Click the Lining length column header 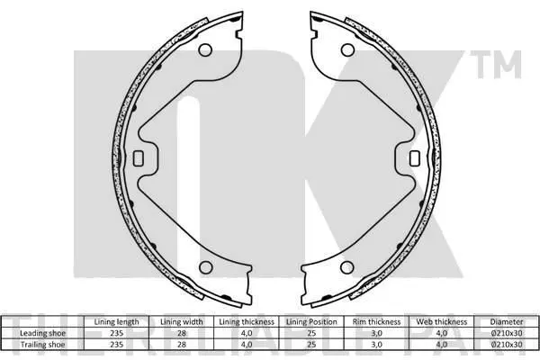pyautogui.click(x=116, y=322)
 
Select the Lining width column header pyautogui.click(x=182, y=322)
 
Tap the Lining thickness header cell pyautogui.click(x=247, y=322)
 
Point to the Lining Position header pyautogui.click(x=311, y=322)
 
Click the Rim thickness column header pyautogui.click(x=376, y=322)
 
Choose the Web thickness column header pyautogui.click(x=442, y=322)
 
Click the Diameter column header pyautogui.click(x=507, y=322)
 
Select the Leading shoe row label pyautogui.click(x=42, y=333)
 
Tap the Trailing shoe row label pyautogui.click(x=42, y=345)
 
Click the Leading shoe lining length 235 pyautogui.click(x=116, y=333)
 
